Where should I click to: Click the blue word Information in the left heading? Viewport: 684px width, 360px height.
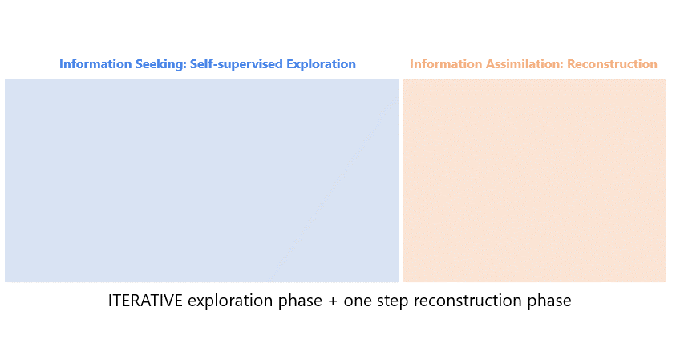click(95, 63)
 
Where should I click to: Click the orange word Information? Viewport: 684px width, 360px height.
click(446, 63)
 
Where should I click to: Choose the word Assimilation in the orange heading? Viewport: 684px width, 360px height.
click(524, 63)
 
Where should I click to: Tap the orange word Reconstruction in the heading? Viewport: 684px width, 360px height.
click(612, 63)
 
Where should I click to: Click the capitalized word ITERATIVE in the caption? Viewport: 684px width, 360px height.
click(145, 301)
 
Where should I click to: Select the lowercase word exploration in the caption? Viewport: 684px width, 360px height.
click(230, 301)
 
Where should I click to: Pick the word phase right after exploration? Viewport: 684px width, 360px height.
click(300, 301)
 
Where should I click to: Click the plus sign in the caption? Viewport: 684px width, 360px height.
click(333, 301)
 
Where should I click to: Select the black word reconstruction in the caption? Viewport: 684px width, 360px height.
click(467, 301)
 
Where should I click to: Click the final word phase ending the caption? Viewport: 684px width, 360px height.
click(549, 301)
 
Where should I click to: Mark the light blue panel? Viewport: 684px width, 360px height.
click(202, 180)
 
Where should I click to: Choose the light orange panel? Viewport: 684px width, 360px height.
click(535, 180)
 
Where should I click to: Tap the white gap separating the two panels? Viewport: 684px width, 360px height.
click(401, 180)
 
